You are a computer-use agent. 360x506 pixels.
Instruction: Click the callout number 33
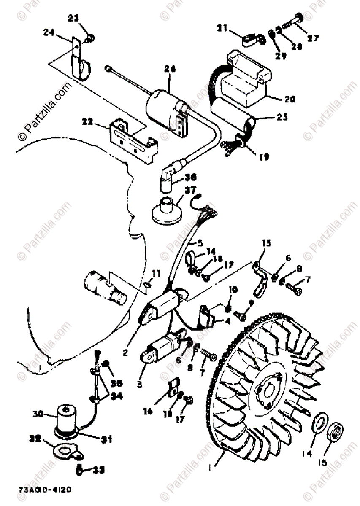click(98, 469)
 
